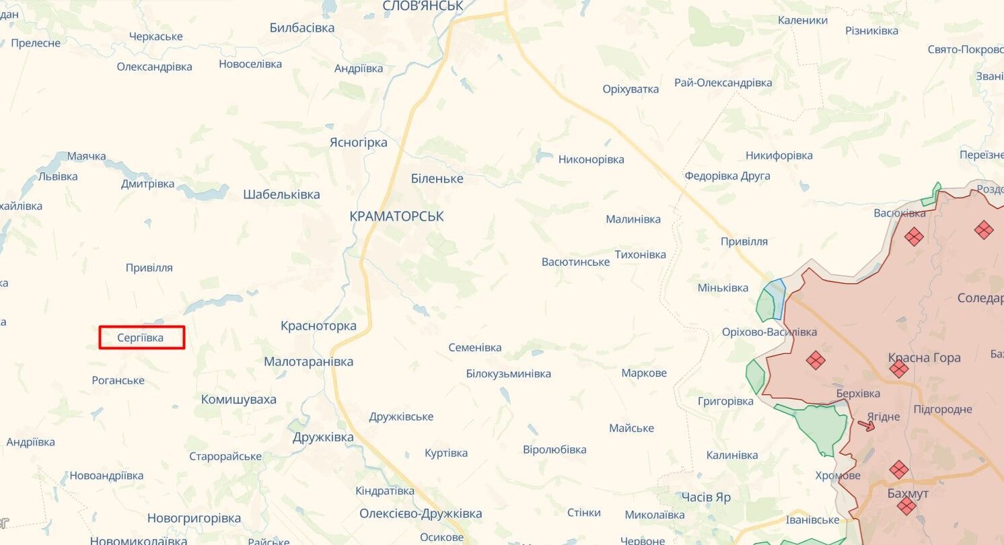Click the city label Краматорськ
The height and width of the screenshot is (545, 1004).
click(x=396, y=217)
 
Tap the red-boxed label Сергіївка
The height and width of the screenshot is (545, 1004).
click(x=141, y=338)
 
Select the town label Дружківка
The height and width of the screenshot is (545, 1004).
click(x=323, y=437)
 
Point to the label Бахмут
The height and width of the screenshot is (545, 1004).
click(x=908, y=494)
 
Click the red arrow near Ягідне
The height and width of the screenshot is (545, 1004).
click(x=867, y=425)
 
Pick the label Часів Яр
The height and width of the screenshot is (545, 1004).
click(x=705, y=497)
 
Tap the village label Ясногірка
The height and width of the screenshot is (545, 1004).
click(x=358, y=143)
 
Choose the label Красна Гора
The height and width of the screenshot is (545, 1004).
click(x=924, y=357)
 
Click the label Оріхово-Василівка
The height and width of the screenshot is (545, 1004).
click(x=769, y=332)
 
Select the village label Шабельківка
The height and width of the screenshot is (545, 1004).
click(x=281, y=194)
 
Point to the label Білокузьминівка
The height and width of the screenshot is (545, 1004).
click(x=508, y=373)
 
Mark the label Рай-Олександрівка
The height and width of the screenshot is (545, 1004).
click(x=723, y=83)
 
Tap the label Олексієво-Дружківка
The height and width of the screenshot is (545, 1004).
click(x=421, y=513)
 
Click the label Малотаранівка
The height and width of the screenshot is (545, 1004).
click(x=308, y=361)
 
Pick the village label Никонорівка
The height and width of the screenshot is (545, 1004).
click(x=591, y=159)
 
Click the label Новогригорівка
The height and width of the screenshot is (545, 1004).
click(x=194, y=518)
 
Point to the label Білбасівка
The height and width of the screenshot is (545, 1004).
click(x=301, y=28)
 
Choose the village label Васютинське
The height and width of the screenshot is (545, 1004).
click(x=575, y=262)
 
